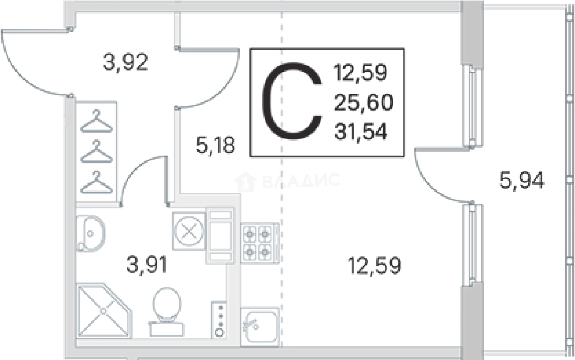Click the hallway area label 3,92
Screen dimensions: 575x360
point(125,62)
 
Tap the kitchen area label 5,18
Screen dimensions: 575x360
point(215,145)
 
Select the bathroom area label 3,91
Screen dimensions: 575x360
point(147,265)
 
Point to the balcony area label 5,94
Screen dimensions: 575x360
point(521,181)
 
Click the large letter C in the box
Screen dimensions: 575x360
point(292,101)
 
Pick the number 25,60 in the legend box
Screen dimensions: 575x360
point(364,102)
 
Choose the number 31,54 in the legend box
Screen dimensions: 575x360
point(361,132)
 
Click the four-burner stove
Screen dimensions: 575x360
point(260,243)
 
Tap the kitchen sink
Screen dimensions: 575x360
point(260,327)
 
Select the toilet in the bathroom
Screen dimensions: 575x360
point(166,311)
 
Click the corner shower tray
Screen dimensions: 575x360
point(104,310)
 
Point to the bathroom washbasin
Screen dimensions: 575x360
point(91,234)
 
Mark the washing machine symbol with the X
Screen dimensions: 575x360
point(189,231)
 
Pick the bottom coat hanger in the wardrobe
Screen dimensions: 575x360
point(96,182)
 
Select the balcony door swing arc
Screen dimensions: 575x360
point(437,181)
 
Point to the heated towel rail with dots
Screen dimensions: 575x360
point(219,320)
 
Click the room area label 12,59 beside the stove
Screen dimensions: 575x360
point(374,266)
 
